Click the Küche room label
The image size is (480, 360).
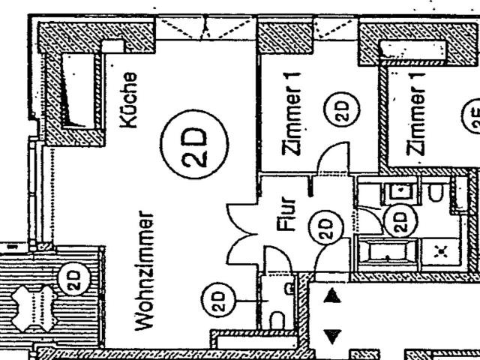(129, 100)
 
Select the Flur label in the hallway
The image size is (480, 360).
(292, 213)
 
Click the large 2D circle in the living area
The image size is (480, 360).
(193, 141)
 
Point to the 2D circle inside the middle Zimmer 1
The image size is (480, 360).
(337, 112)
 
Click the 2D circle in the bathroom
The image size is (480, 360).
(399, 219)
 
